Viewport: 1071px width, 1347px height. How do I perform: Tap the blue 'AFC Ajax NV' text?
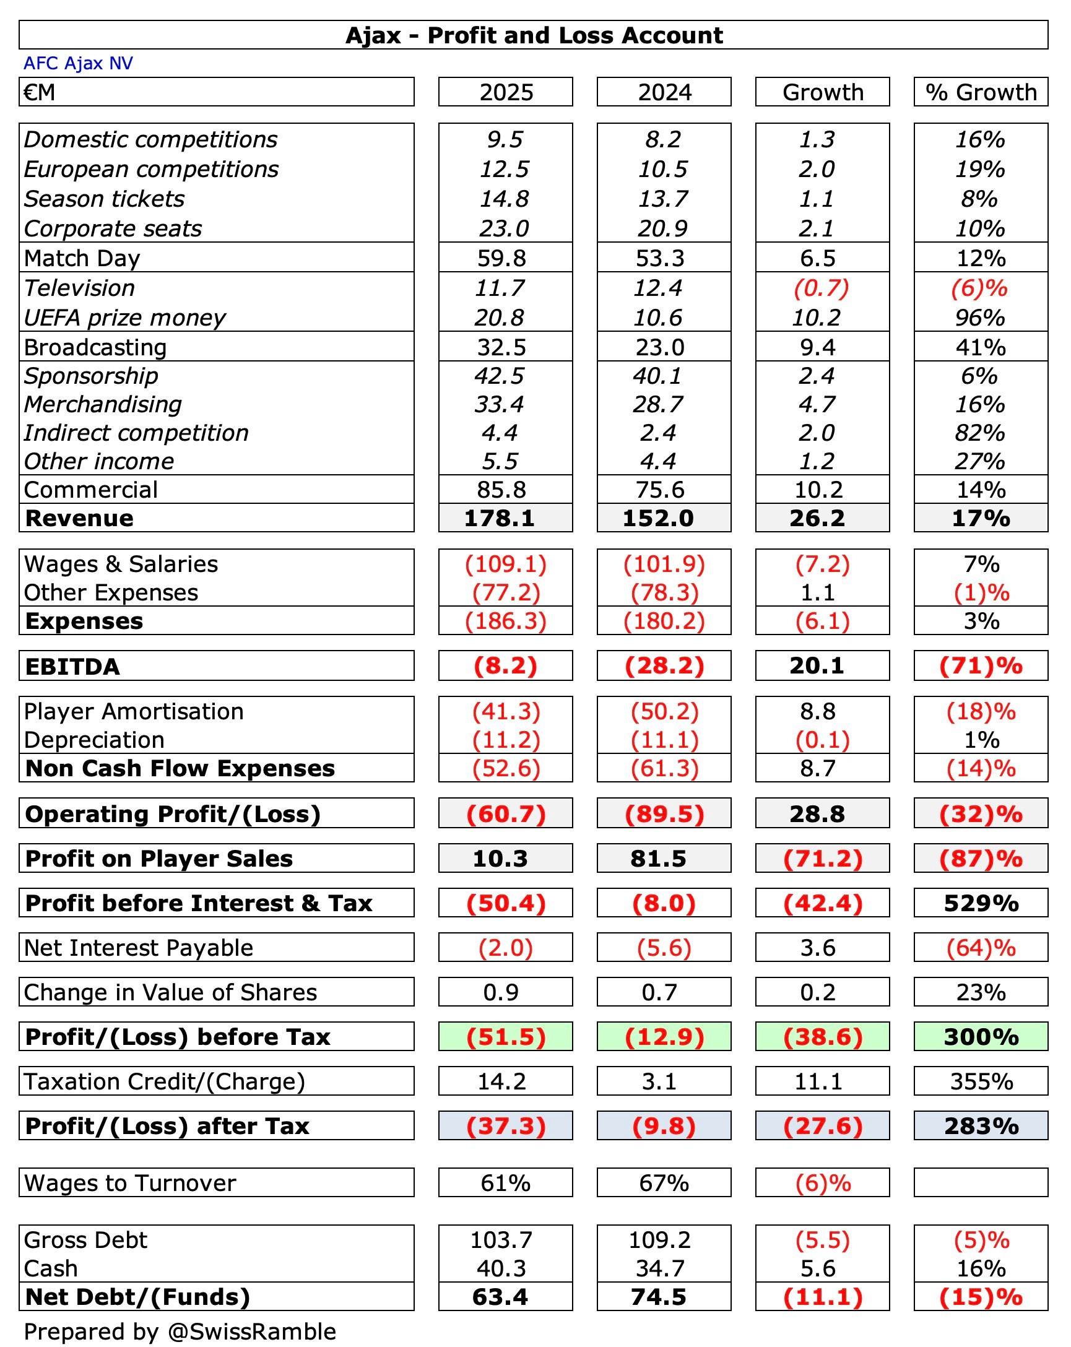[x=78, y=63]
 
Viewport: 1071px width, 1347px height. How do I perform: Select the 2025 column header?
[x=506, y=92]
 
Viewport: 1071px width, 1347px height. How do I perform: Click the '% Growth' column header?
[x=981, y=92]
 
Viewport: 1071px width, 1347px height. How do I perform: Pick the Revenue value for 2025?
[x=499, y=518]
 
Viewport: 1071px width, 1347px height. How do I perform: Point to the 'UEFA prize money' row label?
[x=124, y=318]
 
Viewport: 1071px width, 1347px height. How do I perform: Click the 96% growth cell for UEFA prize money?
[x=980, y=318]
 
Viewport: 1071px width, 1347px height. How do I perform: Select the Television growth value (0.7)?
[x=822, y=288]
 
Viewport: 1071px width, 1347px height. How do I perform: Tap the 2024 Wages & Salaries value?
[x=664, y=564]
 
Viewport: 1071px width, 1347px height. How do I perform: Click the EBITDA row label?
[x=72, y=666]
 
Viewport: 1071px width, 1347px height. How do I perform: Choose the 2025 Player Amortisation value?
[x=506, y=711]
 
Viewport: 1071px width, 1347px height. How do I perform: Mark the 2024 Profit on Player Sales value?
[x=658, y=859]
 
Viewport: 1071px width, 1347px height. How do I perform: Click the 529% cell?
[x=981, y=903]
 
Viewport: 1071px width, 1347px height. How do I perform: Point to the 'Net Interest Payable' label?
[x=138, y=948]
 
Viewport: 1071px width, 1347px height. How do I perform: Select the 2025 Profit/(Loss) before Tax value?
[x=506, y=1037]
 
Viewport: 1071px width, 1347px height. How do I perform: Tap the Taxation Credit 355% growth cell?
[x=981, y=1081]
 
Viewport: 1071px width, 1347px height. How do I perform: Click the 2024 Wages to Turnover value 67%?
[x=664, y=1184]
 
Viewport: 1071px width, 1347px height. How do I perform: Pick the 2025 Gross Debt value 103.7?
[x=500, y=1240]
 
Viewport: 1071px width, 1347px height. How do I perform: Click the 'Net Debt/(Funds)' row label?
[x=137, y=1297]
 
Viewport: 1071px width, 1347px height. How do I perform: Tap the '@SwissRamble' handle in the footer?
[x=252, y=1332]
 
